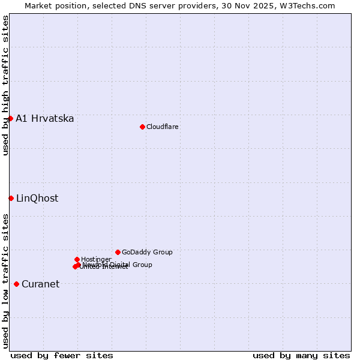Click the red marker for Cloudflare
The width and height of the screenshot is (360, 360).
142,127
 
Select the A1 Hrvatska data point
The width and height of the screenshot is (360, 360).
10,118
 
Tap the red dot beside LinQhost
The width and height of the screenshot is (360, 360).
11,198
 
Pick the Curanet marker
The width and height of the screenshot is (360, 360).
16,284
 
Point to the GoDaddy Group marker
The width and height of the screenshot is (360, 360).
118,252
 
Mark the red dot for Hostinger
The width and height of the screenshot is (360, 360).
77,259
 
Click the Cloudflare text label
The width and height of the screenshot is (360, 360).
163,127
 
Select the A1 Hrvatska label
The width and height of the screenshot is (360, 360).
45,119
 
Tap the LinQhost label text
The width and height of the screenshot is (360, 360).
37,199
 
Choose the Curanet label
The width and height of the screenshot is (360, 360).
41,284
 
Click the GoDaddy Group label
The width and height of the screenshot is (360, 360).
147,253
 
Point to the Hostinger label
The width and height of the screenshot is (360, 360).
96,260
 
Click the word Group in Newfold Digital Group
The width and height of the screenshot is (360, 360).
142,265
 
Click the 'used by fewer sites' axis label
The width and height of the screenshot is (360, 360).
62,356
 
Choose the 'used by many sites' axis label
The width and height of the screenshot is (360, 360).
301,356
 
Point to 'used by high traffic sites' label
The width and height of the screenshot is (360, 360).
5,85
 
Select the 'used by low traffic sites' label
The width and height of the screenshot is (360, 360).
5,281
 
